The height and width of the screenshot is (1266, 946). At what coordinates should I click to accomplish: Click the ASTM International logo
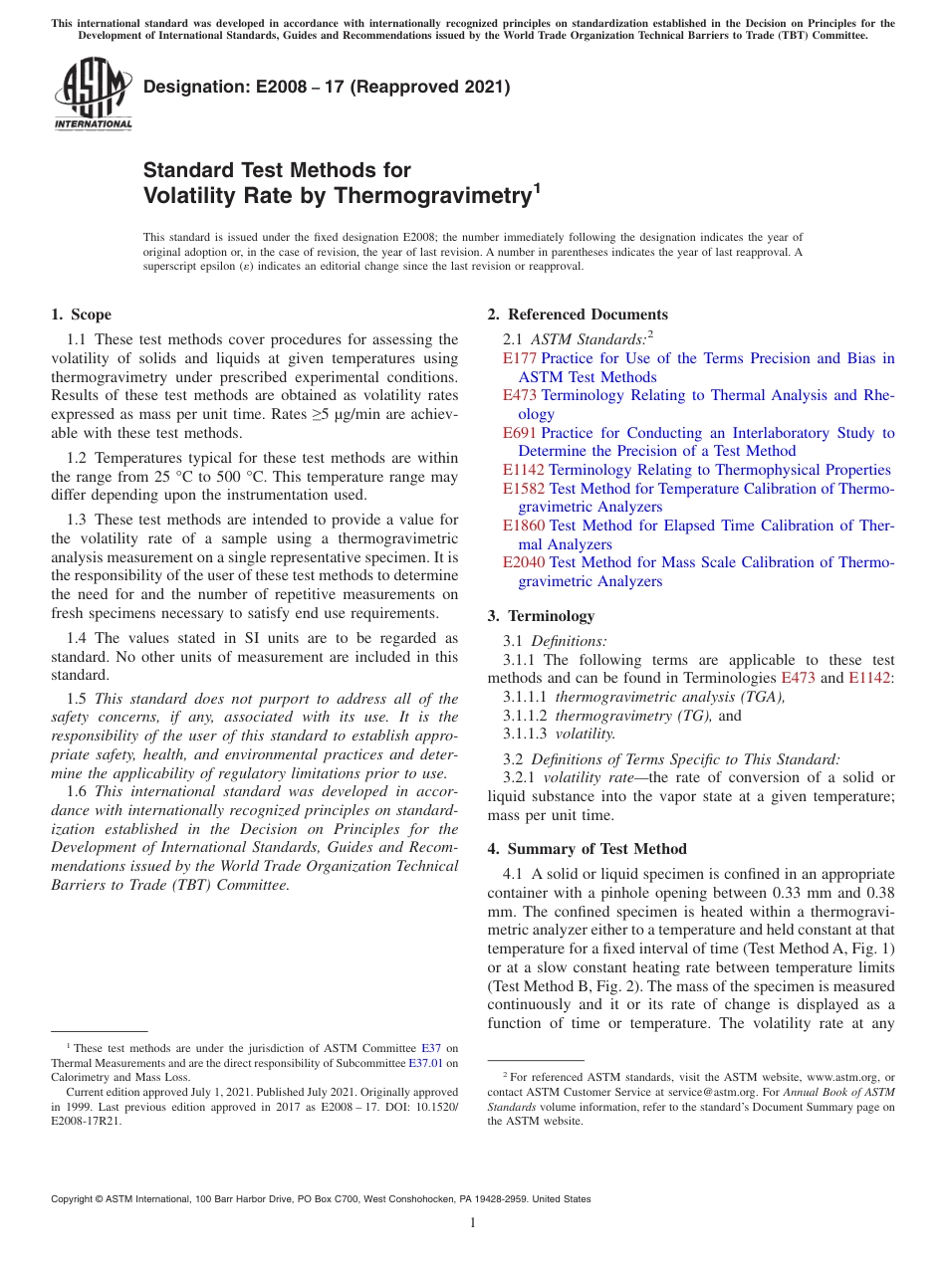[x=92, y=95]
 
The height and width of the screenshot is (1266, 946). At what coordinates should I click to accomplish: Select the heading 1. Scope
[x=81, y=315]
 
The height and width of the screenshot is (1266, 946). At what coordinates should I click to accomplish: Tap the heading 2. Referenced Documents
[x=578, y=315]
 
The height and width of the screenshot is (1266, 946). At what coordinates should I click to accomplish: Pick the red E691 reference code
[x=520, y=433]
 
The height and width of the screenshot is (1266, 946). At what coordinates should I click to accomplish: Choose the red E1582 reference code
[x=524, y=489]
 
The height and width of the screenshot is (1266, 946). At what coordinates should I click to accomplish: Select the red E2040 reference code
[x=524, y=562]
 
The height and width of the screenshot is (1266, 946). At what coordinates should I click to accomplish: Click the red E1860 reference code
[x=524, y=526]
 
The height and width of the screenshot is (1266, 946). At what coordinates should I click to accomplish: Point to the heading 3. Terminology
[x=551, y=616]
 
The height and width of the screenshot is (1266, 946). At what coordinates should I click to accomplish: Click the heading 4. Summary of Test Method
[x=588, y=849]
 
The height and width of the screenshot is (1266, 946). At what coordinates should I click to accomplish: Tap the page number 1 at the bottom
[x=473, y=1222]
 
